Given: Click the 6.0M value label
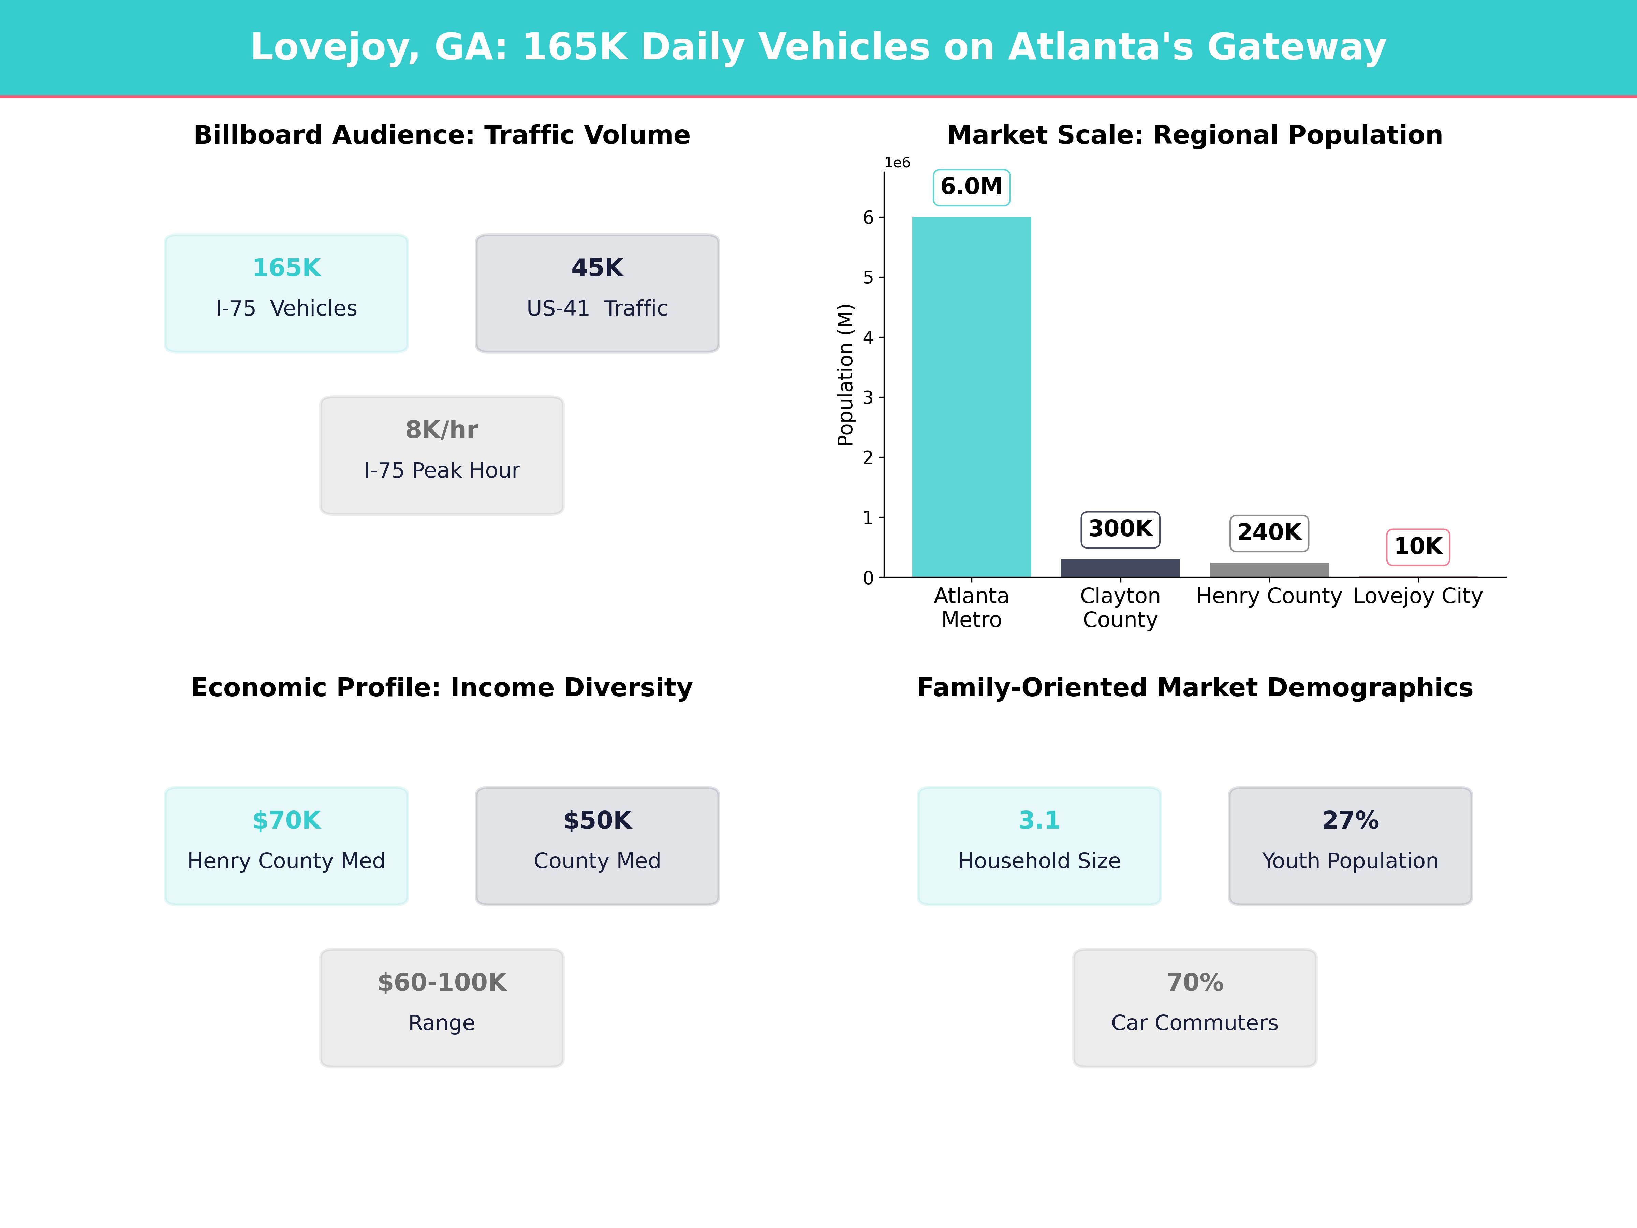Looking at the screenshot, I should pos(971,187).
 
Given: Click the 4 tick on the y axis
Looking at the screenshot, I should pos(868,338).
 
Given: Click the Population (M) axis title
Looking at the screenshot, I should pos(845,375).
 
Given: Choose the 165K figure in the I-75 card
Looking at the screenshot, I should pos(286,268).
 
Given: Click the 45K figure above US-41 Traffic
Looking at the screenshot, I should pos(597,268).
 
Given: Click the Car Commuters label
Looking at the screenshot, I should pos(1194,1023).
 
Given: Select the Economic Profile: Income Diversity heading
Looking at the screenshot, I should pos(442,688).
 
